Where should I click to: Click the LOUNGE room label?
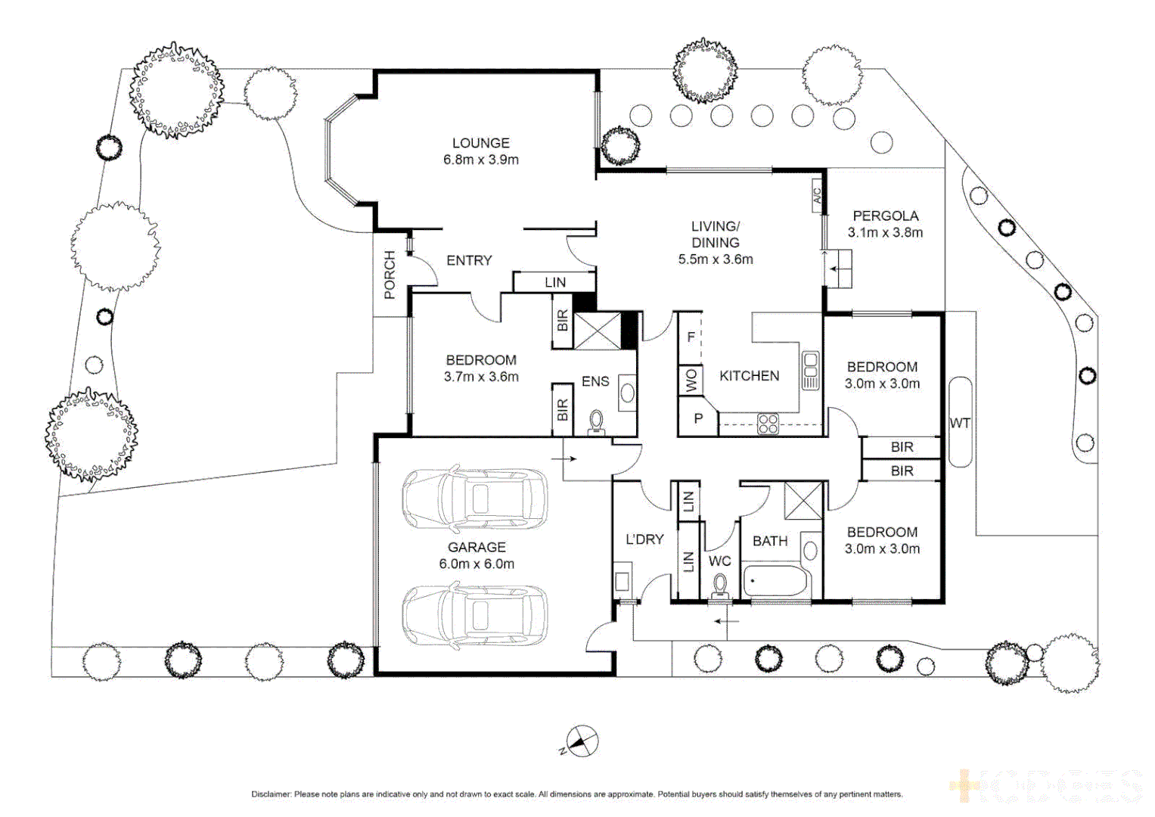(x=481, y=143)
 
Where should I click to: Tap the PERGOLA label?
(x=885, y=216)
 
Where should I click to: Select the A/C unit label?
(x=817, y=196)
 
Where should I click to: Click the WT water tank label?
(x=960, y=423)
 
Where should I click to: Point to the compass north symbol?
(x=582, y=741)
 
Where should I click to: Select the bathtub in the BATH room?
(x=776, y=582)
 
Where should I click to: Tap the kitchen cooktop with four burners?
(x=768, y=424)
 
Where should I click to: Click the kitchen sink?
(x=810, y=370)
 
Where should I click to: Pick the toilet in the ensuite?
(x=596, y=421)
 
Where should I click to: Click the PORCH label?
(x=390, y=275)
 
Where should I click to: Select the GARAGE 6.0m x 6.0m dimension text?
(x=477, y=564)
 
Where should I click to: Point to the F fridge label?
(x=690, y=337)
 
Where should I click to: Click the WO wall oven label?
(x=691, y=381)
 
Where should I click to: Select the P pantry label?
(x=698, y=418)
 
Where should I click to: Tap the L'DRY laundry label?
(x=644, y=539)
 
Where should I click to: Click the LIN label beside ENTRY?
(x=555, y=282)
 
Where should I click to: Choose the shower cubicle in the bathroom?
(x=803, y=500)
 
